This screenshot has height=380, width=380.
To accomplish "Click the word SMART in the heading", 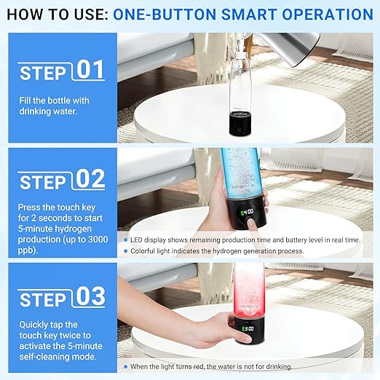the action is [x=249, y=14].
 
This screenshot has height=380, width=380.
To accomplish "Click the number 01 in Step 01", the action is [x=90, y=70].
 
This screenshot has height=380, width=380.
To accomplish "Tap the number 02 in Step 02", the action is [x=90, y=179].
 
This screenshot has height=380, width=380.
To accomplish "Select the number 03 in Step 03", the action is [x=90, y=296].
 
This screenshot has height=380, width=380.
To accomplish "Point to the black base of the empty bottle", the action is [x=240, y=123].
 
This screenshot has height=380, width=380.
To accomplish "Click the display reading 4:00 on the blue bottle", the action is [x=247, y=213].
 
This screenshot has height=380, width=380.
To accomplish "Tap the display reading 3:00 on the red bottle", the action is [x=248, y=329].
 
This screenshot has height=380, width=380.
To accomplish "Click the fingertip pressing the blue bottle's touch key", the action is [x=250, y=222].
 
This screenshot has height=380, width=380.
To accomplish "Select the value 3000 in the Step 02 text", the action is [x=98, y=240].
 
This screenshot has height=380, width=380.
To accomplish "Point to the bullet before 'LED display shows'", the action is [x=125, y=240].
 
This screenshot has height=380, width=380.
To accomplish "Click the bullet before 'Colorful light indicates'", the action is [x=125, y=251].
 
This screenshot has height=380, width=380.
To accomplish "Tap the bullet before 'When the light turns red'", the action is [x=125, y=366].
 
